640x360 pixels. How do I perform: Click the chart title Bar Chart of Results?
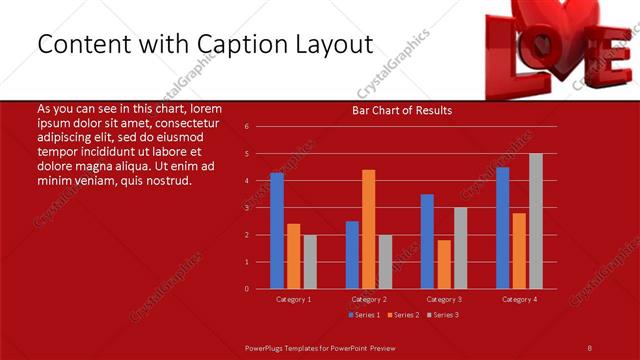click(401, 110)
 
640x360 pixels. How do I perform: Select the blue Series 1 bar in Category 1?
click(277, 231)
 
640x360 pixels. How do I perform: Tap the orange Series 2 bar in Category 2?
click(368, 229)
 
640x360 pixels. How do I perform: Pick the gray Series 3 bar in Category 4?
click(536, 221)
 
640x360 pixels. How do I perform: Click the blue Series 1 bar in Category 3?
click(427, 241)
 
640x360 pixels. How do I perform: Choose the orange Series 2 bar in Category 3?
click(444, 264)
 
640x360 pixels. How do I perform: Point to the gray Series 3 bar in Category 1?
click(310, 262)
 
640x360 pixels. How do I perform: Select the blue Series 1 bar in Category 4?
click(502, 228)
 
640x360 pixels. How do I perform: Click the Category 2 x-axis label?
click(368, 299)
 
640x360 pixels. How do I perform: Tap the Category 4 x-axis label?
click(519, 299)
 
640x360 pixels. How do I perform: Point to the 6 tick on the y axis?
click(247, 127)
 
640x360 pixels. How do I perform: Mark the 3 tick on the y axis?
click(247, 208)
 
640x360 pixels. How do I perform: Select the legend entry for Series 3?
click(442, 315)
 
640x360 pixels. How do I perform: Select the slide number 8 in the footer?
click(589, 347)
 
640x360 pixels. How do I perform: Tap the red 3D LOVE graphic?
click(560, 45)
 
